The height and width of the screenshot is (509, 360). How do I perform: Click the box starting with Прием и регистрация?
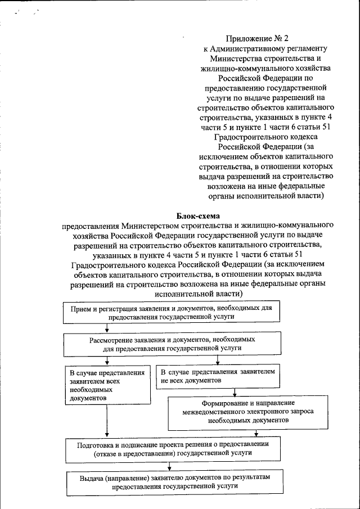coord(172,313)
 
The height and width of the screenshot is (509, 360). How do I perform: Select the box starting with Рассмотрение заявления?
coord(172,344)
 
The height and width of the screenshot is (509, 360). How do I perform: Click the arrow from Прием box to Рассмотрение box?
coord(106,329)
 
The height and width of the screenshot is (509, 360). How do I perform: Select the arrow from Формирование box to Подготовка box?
coord(256,433)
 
